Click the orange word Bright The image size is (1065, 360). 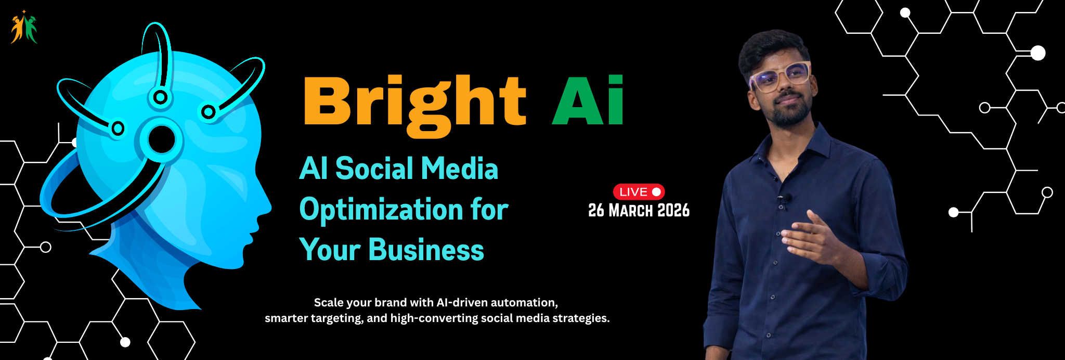coord(414,102)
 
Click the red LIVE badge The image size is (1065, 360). coord(639,192)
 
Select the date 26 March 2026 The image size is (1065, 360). coord(639,211)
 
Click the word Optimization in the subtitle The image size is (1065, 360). coord(381,210)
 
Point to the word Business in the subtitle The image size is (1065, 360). coord(426,250)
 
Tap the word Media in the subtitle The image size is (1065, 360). coord(459,169)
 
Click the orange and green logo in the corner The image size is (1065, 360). coord(24,28)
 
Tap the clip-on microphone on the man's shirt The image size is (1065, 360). coord(786,198)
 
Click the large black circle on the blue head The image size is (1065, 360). coord(162,139)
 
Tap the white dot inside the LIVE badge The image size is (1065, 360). coord(656,192)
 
